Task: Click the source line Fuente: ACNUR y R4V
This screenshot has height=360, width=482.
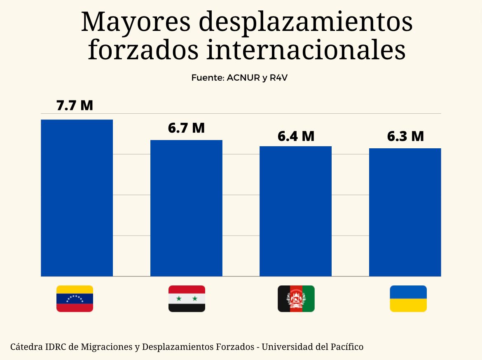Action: (x=239, y=78)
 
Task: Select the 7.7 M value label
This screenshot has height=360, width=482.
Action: (x=75, y=105)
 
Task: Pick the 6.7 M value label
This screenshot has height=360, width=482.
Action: (x=186, y=128)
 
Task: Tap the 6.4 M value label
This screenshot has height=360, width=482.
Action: (x=296, y=136)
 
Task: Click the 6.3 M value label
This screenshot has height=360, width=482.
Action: (x=405, y=136)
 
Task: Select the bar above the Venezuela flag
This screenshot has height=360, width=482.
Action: (x=77, y=198)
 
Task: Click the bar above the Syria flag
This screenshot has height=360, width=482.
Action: (x=186, y=208)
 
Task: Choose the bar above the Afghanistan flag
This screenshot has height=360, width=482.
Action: (x=295, y=211)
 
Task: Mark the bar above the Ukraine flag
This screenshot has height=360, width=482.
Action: (x=405, y=212)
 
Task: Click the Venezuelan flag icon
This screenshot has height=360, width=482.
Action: (x=75, y=299)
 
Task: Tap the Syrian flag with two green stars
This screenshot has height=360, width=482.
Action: (x=187, y=299)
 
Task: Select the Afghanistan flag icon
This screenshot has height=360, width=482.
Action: (x=296, y=299)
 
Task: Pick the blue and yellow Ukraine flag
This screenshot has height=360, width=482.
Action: (x=408, y=299)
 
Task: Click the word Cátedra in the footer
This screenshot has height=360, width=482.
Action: (x=26, y=347)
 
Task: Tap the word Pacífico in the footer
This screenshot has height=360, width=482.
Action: (x=347, y=347)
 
